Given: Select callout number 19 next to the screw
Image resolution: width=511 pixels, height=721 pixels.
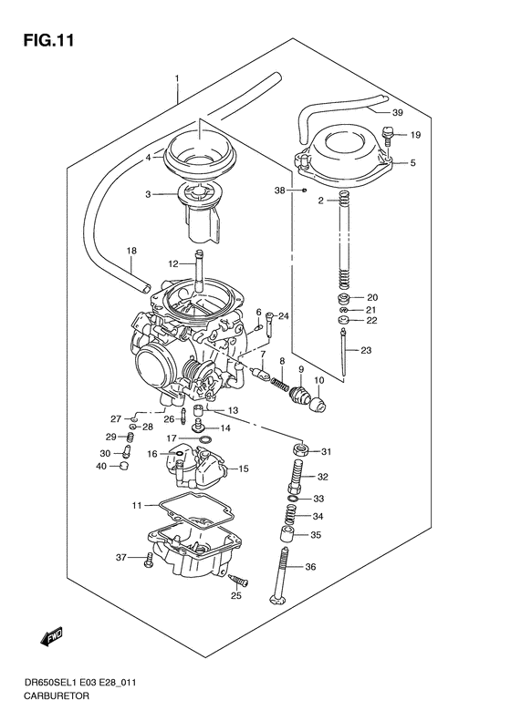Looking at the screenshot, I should coord(414,135).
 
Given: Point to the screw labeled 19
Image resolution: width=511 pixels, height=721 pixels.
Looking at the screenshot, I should coord(389,137).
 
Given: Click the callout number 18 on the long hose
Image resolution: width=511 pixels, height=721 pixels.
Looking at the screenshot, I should coord(130,251).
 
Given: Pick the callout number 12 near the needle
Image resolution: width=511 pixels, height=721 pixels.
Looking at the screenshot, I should coord(172,263).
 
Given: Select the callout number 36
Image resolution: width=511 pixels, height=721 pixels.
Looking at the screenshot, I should coord(310,567).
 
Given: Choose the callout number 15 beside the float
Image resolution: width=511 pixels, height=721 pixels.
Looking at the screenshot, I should coord(243,469).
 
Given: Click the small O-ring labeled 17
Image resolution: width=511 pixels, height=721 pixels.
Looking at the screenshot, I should coord(205,439).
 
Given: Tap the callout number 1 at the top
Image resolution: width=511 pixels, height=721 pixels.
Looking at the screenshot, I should coord(177,79).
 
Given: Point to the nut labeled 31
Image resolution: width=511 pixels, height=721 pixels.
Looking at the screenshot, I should coord(299,451).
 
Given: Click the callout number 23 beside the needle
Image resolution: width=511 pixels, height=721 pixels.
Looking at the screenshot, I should coord(366,351).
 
